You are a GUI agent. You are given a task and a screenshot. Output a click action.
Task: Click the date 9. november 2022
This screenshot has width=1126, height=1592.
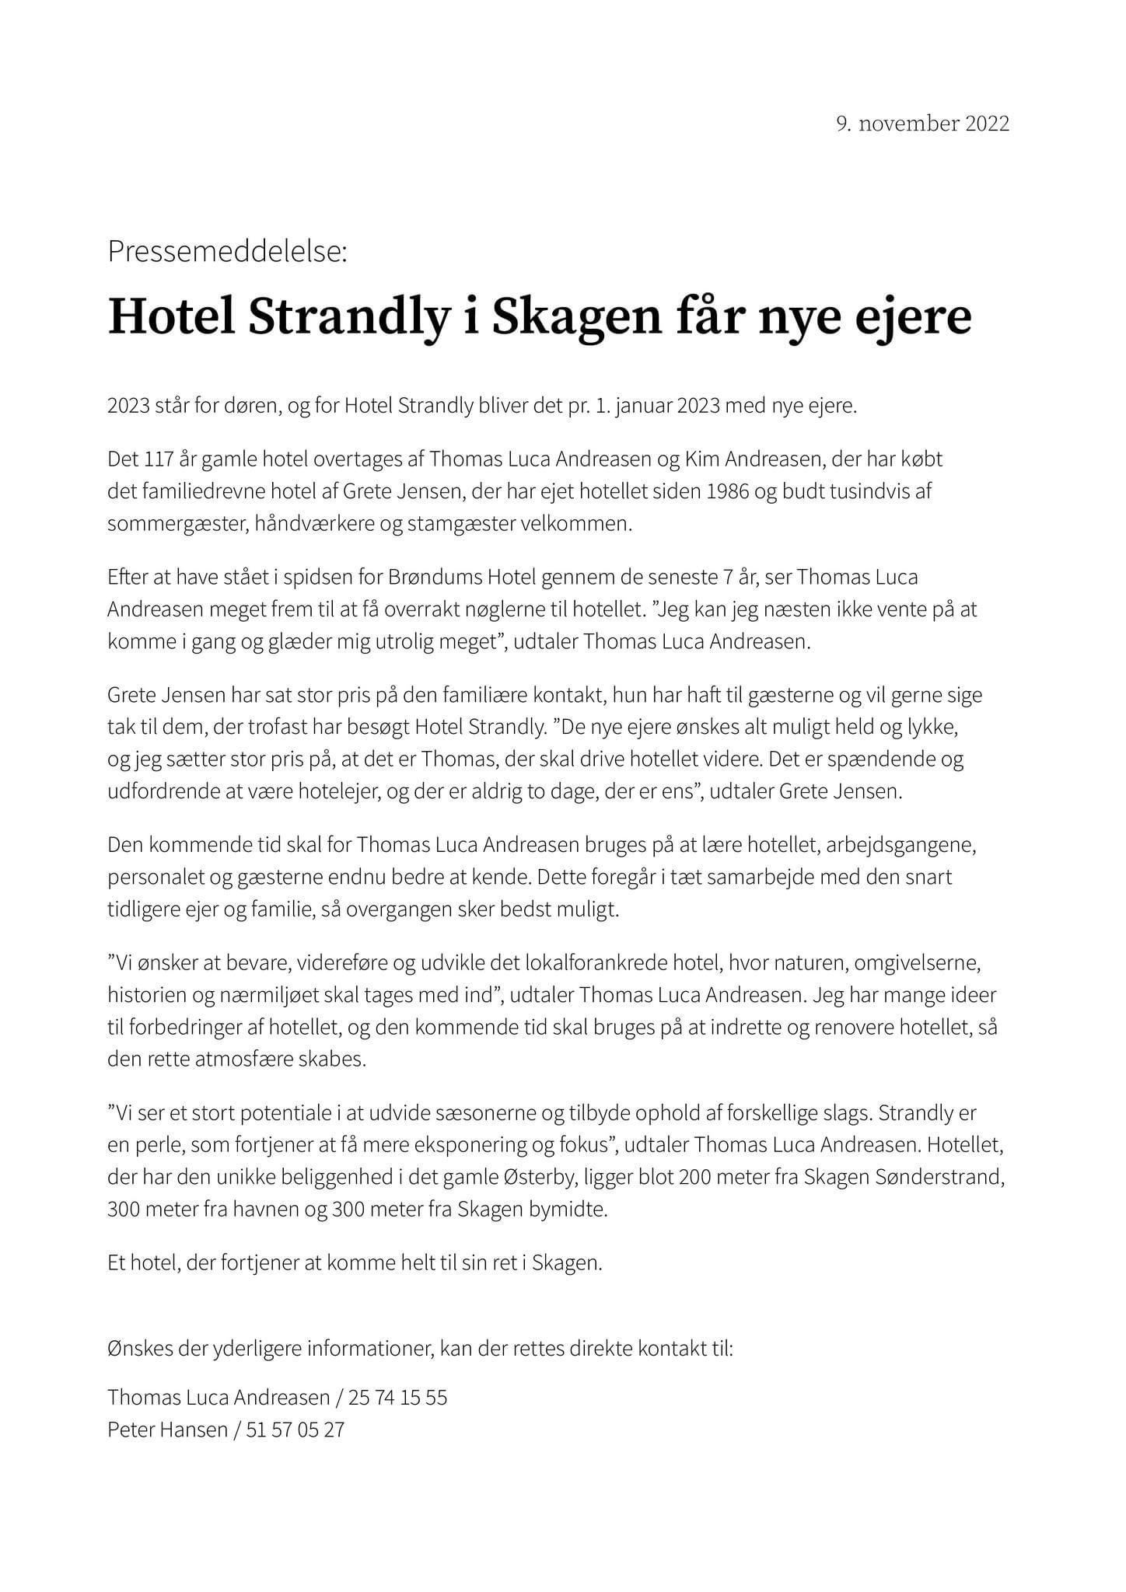(x=922, y=124)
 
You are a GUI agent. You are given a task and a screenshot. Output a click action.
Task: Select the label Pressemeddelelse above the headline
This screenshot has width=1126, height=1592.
(x=228, y=252)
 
